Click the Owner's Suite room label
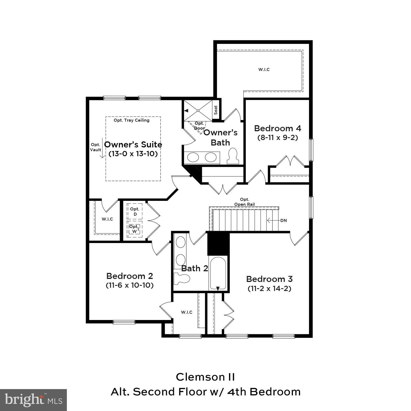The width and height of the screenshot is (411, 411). pyautogui.click(x=133, y=145)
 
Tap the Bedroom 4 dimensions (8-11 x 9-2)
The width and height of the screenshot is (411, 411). pyautogui.click(x=278, y=138)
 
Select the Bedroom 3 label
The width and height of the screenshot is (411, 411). pyautogui.click(x=269, y=279)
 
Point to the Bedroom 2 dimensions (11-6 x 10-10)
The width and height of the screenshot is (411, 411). pyautogui.click(x=130, y=285)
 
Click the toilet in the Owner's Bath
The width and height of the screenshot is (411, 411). pyautogui.click(x=233, y=156)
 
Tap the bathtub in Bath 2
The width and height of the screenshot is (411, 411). pyautogui.click(x=218, y=273)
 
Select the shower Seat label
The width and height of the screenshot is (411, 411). pyautogui.click(x=216, y=110)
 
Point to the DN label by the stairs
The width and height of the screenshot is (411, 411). pyautogui.click(x=284, y=220)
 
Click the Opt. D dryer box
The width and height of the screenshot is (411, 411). pyautogui.click(x=135, y=212)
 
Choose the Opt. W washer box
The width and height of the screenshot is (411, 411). pyautogui.click(x=134, y=229)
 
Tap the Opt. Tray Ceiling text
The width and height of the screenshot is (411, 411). pyautogui.click(x=132, y=120)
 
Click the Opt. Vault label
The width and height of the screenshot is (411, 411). pyautogui.click(x=96, y=147)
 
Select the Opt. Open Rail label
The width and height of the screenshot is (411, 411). pyautogui.click(x=244, y=202)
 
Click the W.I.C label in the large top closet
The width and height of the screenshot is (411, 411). pyautogui.click(x=264, y=70)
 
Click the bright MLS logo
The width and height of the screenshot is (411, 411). pyautogui.click(x=33, y=400)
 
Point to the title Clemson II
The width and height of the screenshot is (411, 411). pyautogui.click(x=205, y=377)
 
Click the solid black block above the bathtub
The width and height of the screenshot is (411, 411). pyautogui.click(x=218, y=243)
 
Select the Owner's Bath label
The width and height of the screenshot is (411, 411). pyautogui.click(x=220, y=138)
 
